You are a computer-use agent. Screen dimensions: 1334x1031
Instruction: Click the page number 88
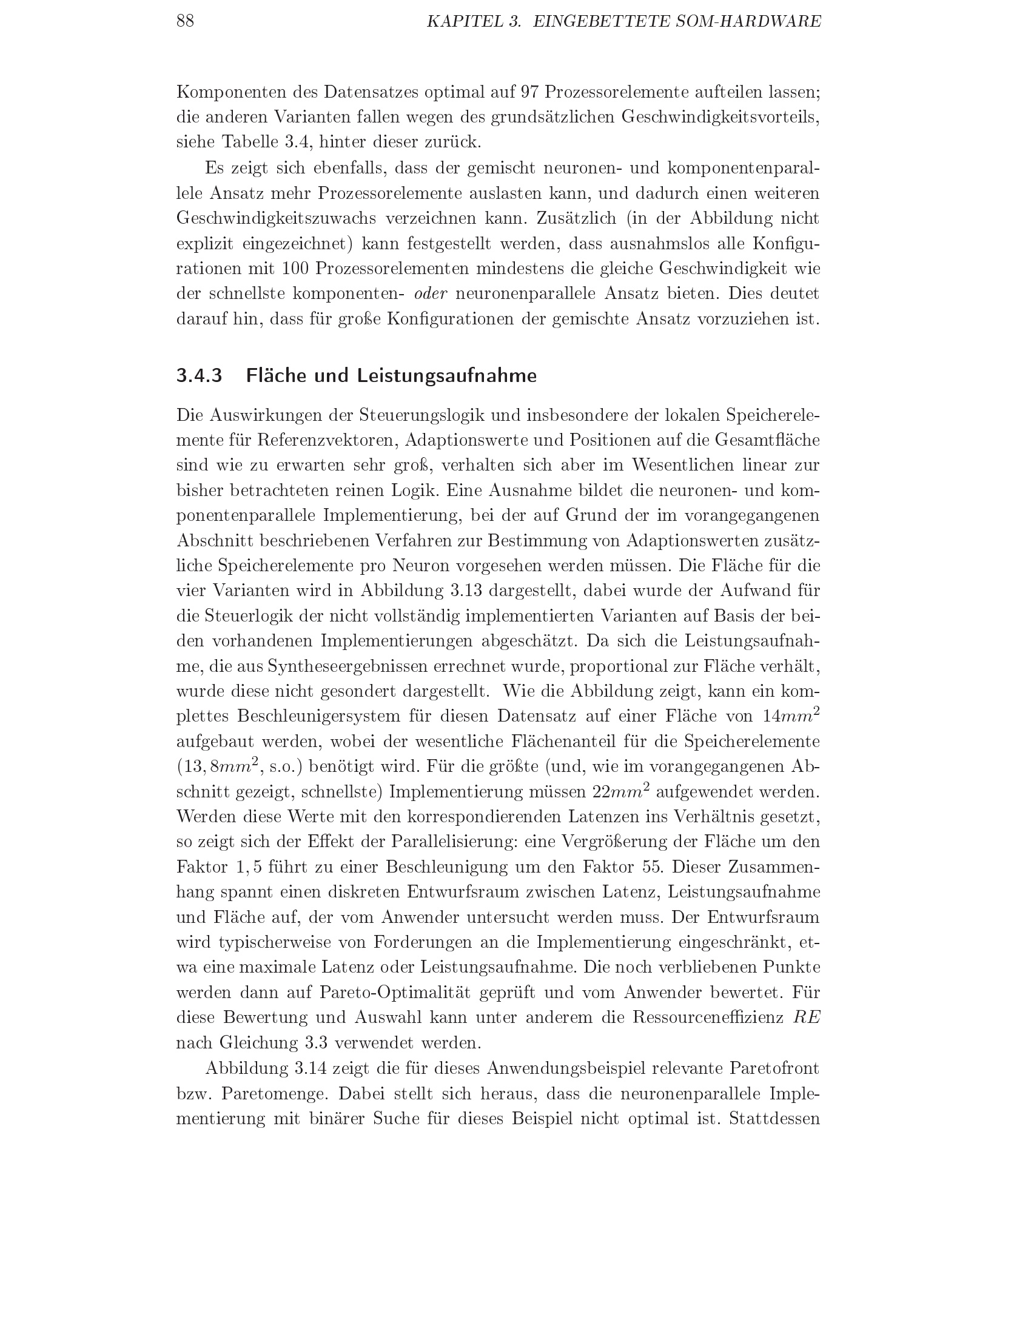(x=185, y=21)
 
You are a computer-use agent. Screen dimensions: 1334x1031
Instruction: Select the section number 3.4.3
(x=199, y=376)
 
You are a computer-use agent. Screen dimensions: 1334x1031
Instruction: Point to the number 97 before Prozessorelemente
(x=529, y=92)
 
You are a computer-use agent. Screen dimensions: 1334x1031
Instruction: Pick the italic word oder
(x=431, y=294)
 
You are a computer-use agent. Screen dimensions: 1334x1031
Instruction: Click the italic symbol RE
(x=806, y=1017)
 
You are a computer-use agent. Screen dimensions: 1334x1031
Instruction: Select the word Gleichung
(x=253, y=1043)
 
